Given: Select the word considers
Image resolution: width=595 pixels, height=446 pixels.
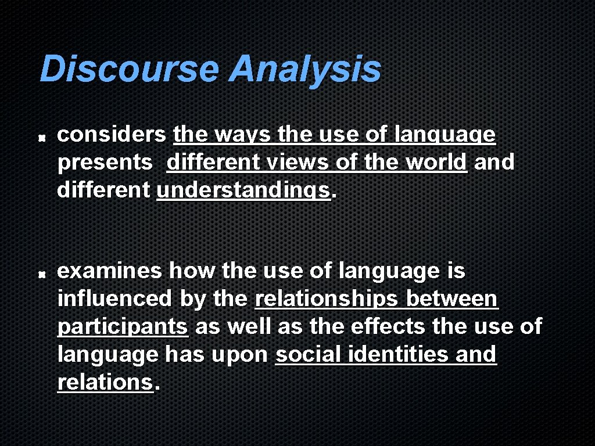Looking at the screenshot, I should [x=111, y=135].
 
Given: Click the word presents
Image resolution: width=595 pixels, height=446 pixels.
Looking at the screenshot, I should [x=105, y=163].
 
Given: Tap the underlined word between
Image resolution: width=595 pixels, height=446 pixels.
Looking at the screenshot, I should [x=451, y=298].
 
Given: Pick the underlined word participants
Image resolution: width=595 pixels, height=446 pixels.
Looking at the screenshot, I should [x=123, y=327].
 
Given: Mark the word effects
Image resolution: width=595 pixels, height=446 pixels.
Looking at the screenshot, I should [x=389, y=326].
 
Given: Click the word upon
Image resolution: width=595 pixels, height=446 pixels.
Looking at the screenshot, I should [x=244, y=355].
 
